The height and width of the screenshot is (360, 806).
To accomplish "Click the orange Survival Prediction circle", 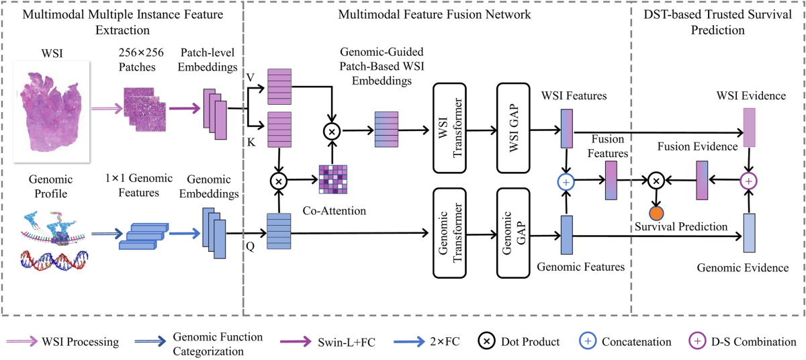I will coord(656,213).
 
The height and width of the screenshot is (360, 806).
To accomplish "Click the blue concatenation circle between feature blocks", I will coord(567,181).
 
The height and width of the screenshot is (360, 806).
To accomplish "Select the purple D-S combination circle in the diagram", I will coord(748,181).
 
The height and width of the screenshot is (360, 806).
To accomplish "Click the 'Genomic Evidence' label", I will coord(751,268).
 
